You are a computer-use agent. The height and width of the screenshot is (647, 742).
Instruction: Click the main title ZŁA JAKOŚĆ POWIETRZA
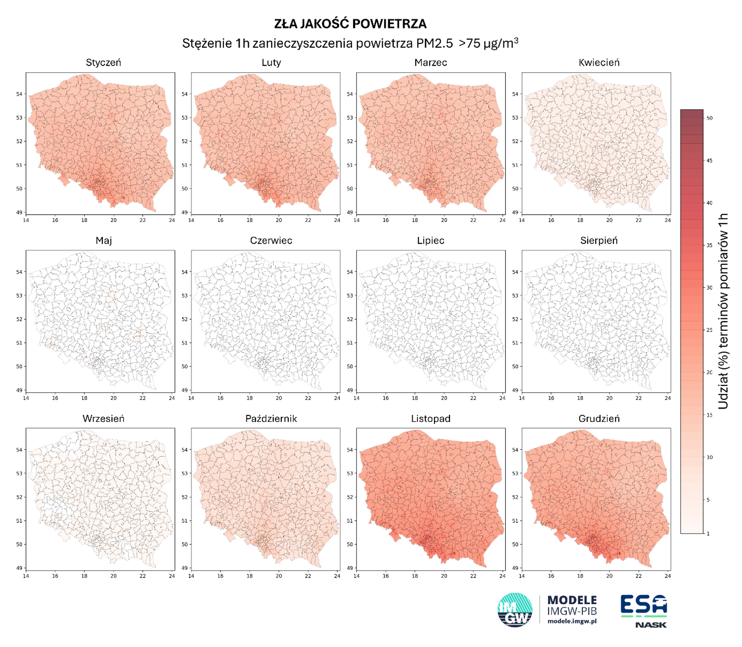350,24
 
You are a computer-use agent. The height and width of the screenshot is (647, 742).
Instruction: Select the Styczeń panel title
103,63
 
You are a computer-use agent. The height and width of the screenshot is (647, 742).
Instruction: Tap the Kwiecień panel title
599,63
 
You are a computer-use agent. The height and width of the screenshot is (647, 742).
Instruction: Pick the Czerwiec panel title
271,241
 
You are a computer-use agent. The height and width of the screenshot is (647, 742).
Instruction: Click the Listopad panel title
430,419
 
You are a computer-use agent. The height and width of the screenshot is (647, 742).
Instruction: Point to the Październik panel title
271,419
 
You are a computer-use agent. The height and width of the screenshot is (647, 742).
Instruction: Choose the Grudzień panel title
599,419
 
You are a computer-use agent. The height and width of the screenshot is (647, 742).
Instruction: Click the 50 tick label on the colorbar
709,118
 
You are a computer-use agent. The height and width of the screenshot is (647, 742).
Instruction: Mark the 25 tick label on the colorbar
709,330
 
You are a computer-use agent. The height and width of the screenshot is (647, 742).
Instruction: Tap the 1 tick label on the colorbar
708,533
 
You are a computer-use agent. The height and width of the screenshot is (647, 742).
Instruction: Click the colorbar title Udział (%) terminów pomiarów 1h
723,311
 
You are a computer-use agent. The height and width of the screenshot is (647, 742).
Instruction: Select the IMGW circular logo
515,610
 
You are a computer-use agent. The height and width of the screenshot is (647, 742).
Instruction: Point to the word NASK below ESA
651,625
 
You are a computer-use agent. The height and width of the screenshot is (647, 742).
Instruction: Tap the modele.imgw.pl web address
572,621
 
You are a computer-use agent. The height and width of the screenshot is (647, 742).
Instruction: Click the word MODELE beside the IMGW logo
572,600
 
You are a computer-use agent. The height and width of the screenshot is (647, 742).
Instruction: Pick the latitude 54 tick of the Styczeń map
19,94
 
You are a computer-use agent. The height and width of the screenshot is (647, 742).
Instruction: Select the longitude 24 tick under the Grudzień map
668,576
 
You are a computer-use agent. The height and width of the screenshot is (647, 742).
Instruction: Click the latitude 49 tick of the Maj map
19,390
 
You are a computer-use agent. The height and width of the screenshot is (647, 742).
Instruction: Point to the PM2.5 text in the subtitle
434,44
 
